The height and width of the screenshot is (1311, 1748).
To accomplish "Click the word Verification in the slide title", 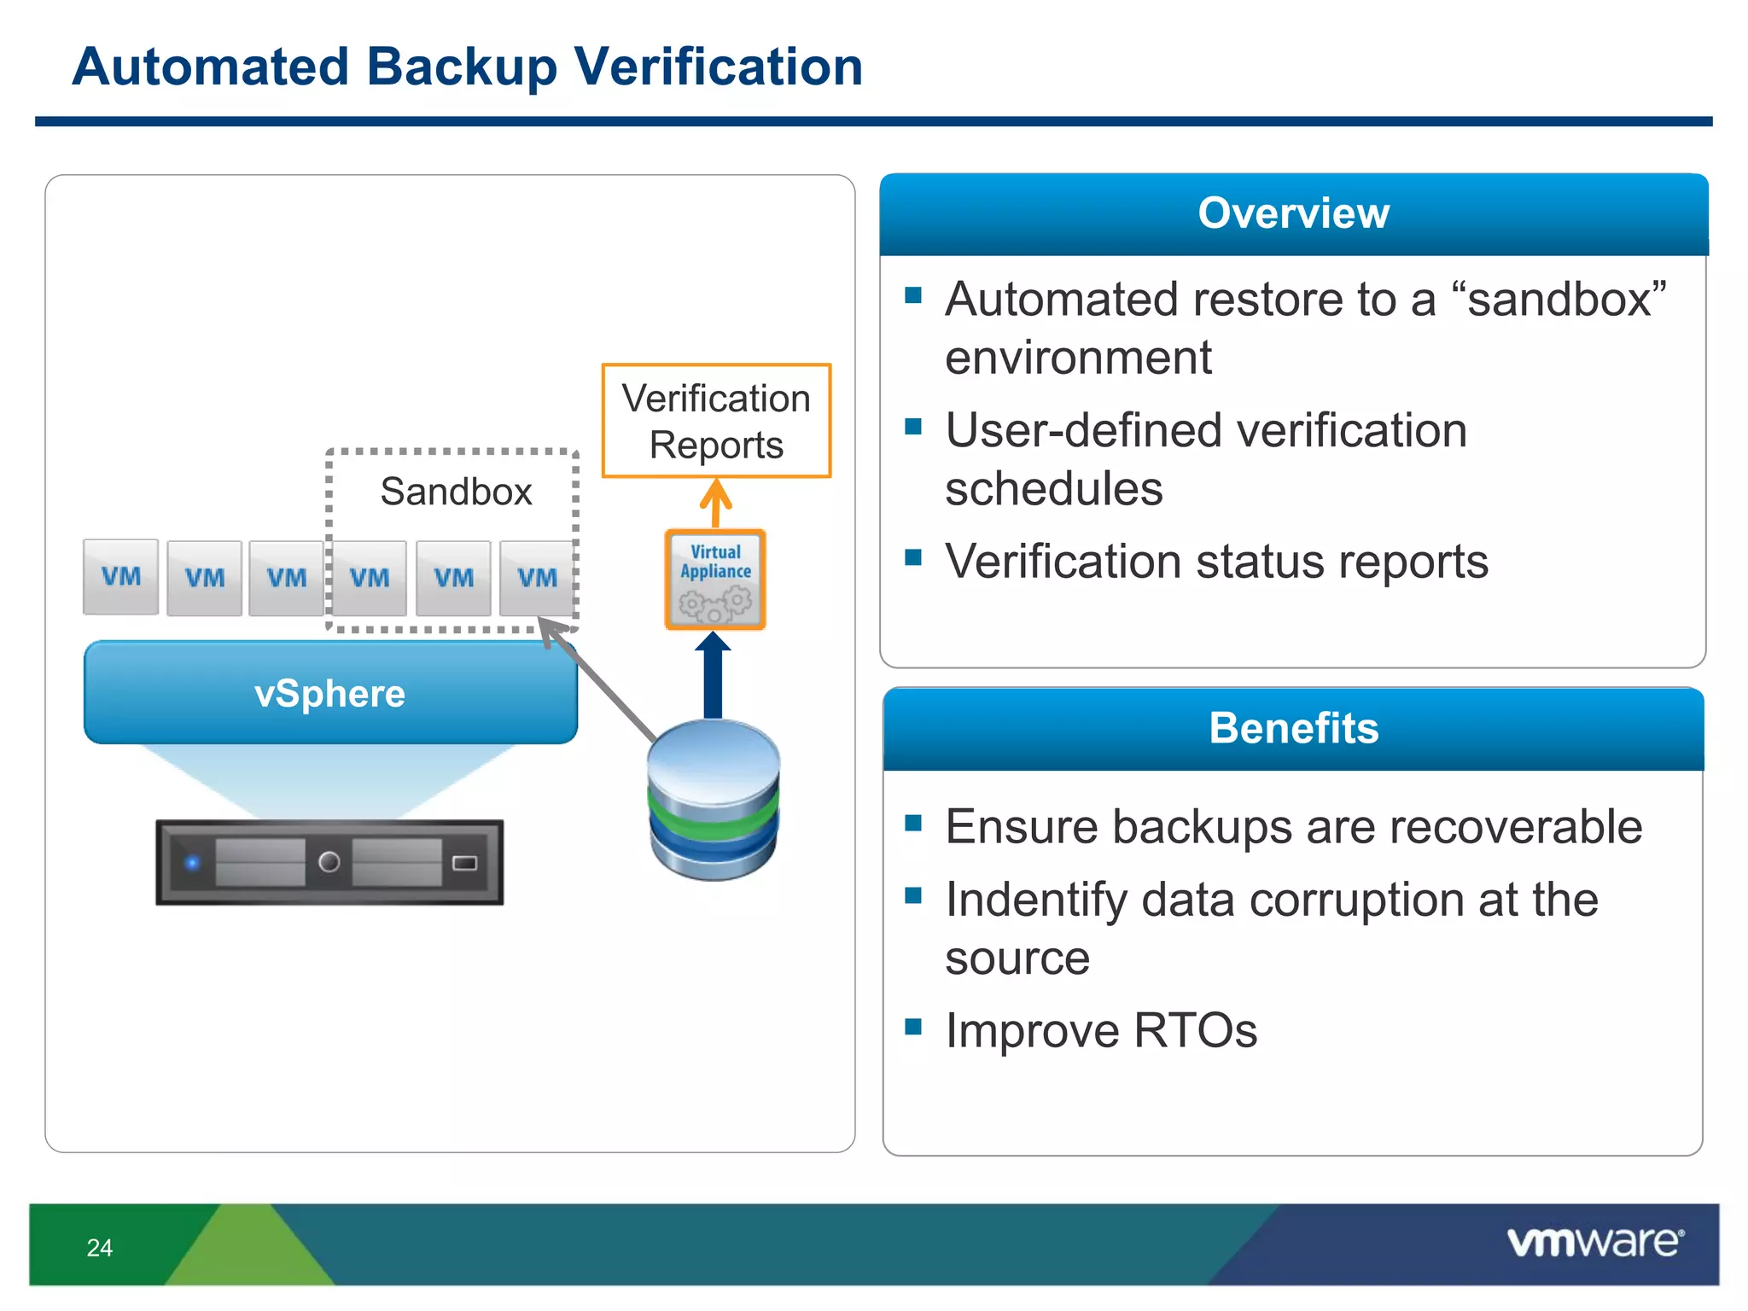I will pos(718,67).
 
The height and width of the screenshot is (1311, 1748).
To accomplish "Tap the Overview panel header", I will pos(1293,213).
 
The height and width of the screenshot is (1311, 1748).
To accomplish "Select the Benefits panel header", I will pos(1293,728).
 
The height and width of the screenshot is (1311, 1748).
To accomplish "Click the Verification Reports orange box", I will pos(716,421).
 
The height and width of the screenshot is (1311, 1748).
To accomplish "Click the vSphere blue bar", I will pos(330,693).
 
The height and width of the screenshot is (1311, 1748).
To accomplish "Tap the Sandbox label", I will pos(456,492).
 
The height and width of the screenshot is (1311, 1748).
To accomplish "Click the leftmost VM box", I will pos(120,577).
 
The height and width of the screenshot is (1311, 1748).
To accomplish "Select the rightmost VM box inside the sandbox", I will pos(537,578).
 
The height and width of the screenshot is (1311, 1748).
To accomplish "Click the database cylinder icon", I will pos(714,800).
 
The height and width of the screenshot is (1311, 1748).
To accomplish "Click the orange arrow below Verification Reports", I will pos(716,502).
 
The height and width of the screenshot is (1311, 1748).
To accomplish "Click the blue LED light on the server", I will pos(193,862).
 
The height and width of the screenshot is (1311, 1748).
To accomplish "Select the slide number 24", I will pos(99,1248).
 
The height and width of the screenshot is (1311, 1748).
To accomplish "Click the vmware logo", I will pos(1594,1242).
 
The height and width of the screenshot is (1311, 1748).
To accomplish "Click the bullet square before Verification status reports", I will pos(913,557).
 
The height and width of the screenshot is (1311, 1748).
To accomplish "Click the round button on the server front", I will pos(329,862).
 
